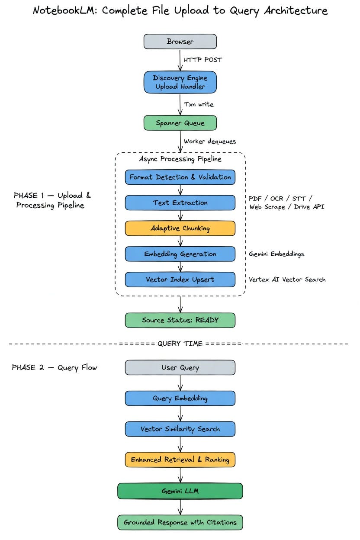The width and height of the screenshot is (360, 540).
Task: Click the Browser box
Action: click(180, 42)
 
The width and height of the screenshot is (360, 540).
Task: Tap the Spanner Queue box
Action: click(180, 123)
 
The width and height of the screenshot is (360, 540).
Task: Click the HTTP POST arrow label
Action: click(202, 60)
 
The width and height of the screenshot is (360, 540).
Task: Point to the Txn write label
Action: click(199, 104)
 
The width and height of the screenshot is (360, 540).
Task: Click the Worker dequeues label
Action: click(209, 141)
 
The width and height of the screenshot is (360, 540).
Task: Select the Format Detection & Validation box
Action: click(180, 177)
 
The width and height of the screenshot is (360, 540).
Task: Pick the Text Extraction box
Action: click(180, 202)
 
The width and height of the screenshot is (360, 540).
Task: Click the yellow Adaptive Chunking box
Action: click(180, 228)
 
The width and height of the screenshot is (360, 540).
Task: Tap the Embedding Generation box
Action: click(180, 254)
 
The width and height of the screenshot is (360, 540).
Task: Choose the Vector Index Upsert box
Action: click(180, 279)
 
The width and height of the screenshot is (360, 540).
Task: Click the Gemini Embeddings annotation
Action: click(276, 254)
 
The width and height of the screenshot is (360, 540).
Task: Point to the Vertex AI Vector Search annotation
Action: click(287, 280)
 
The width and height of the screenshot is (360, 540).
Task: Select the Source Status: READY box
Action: click(180, 320)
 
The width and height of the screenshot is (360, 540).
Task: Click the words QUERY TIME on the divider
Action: click(180, 344)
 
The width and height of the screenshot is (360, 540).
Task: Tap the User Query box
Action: click(180, 368)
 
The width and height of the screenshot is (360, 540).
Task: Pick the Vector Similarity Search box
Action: click(180, 429)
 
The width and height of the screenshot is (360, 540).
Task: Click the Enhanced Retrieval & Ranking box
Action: click(180, 460)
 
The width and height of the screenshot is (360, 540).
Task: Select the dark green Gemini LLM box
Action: click(180, 491)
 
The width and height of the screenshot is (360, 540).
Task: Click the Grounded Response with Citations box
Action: click(180, 522)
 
